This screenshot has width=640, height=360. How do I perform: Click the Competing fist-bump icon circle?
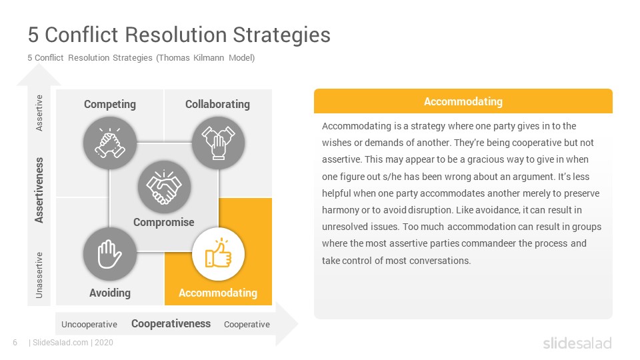click(x=110, y=143)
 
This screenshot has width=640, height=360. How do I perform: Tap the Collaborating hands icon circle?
click(x=219, y=143)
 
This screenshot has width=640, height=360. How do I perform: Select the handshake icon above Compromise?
click(x=164, y=187)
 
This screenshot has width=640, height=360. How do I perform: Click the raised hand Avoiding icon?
click(x=110, y=254)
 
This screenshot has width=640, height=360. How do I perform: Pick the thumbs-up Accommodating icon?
click(x=219, y=254)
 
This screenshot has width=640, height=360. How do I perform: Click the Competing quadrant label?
click(x=110, y=105)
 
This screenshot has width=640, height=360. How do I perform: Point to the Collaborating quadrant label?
click(x=217, y=105)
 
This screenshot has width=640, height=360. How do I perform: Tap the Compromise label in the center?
click(x=164, y=223)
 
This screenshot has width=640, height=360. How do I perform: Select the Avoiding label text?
click(x=110, y=293)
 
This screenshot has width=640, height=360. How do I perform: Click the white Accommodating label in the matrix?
click(x=218, y=293)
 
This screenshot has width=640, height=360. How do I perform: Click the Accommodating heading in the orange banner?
click(x=463, y=101)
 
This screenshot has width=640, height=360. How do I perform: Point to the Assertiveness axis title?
click(x=39, y=190)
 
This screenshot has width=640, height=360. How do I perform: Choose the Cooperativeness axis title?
click(x=171, y=324)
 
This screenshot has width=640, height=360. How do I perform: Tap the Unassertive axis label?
click(x=39, y=275)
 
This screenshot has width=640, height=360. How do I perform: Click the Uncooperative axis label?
click(x=89, y=325)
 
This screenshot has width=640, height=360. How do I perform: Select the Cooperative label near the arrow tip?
click(x=247, y=325)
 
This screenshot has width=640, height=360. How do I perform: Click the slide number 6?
click(x=15, y=343)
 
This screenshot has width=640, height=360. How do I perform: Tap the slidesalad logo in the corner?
click(x=577, y=343)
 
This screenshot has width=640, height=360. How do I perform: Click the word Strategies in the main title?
click(x=281, y=35)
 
